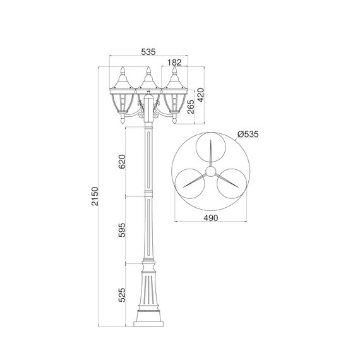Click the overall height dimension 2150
95,196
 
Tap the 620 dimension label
122,162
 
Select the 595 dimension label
122,230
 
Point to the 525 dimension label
122,295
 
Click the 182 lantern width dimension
174,63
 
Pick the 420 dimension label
200,95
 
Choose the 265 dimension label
191,107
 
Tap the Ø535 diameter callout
248,134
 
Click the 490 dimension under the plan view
211,218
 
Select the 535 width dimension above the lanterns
148,52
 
